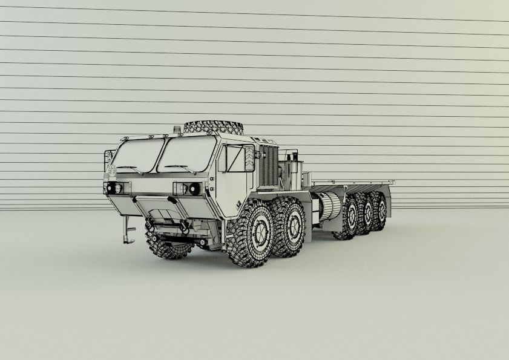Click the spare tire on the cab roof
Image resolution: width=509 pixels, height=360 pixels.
coord(213,128)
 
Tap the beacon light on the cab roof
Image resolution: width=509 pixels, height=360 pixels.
coord(176,129)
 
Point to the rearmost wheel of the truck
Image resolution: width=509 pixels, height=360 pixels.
coord(380,211)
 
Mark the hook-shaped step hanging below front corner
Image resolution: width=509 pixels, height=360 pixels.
coord(128,231)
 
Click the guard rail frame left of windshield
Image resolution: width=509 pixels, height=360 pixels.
coord(109,160)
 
